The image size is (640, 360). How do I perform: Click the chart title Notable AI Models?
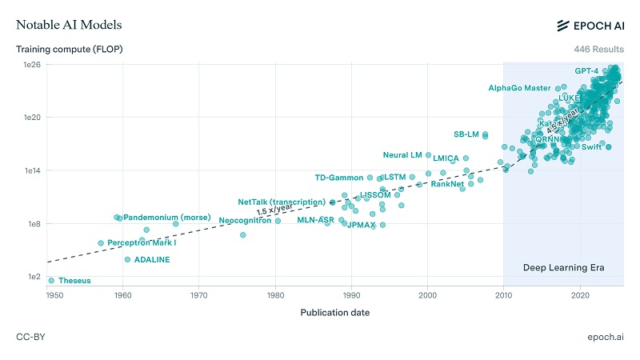[69, 25]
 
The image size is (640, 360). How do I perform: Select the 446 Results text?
[598, 50]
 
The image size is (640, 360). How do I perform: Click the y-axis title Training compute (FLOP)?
[69, 50]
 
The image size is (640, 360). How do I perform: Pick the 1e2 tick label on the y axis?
[33, 277]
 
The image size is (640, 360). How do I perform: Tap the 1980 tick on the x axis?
[275, 295]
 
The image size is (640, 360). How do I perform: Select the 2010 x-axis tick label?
[503, 295]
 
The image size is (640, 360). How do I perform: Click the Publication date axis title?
[334, 312]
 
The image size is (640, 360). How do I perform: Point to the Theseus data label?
[74, 281]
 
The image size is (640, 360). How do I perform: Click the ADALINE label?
[152, 260]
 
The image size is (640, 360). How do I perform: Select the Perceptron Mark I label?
[142, 242]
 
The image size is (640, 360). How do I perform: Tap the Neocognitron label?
[245, 220]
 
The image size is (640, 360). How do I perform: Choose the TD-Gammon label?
[338, 178]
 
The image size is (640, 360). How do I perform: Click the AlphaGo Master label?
[519, 88]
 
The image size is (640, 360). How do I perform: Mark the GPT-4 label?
[586, 71]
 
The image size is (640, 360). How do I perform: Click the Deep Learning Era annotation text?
[562, 267]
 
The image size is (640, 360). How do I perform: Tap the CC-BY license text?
[30, 337]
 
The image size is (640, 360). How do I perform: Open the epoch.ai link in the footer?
[604, 337]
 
